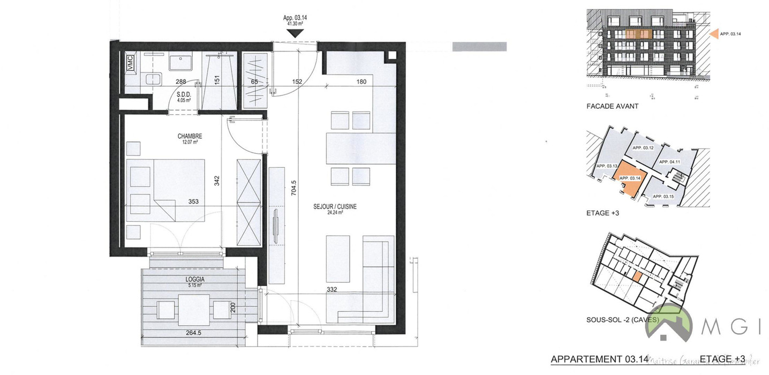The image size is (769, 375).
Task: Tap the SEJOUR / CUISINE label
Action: tap(335, 206)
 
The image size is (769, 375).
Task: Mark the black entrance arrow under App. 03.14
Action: tap(295, 32)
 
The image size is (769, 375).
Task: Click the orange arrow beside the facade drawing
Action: tap(713, 34)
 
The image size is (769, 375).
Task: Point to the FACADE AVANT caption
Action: tap(613, 107)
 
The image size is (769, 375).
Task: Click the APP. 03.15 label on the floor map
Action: tap(663, 197)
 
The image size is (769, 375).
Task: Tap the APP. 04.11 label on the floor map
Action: tap(669, 162)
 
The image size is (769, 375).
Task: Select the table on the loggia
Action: tap(194, 310)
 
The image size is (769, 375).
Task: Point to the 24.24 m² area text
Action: tap(335, 212)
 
